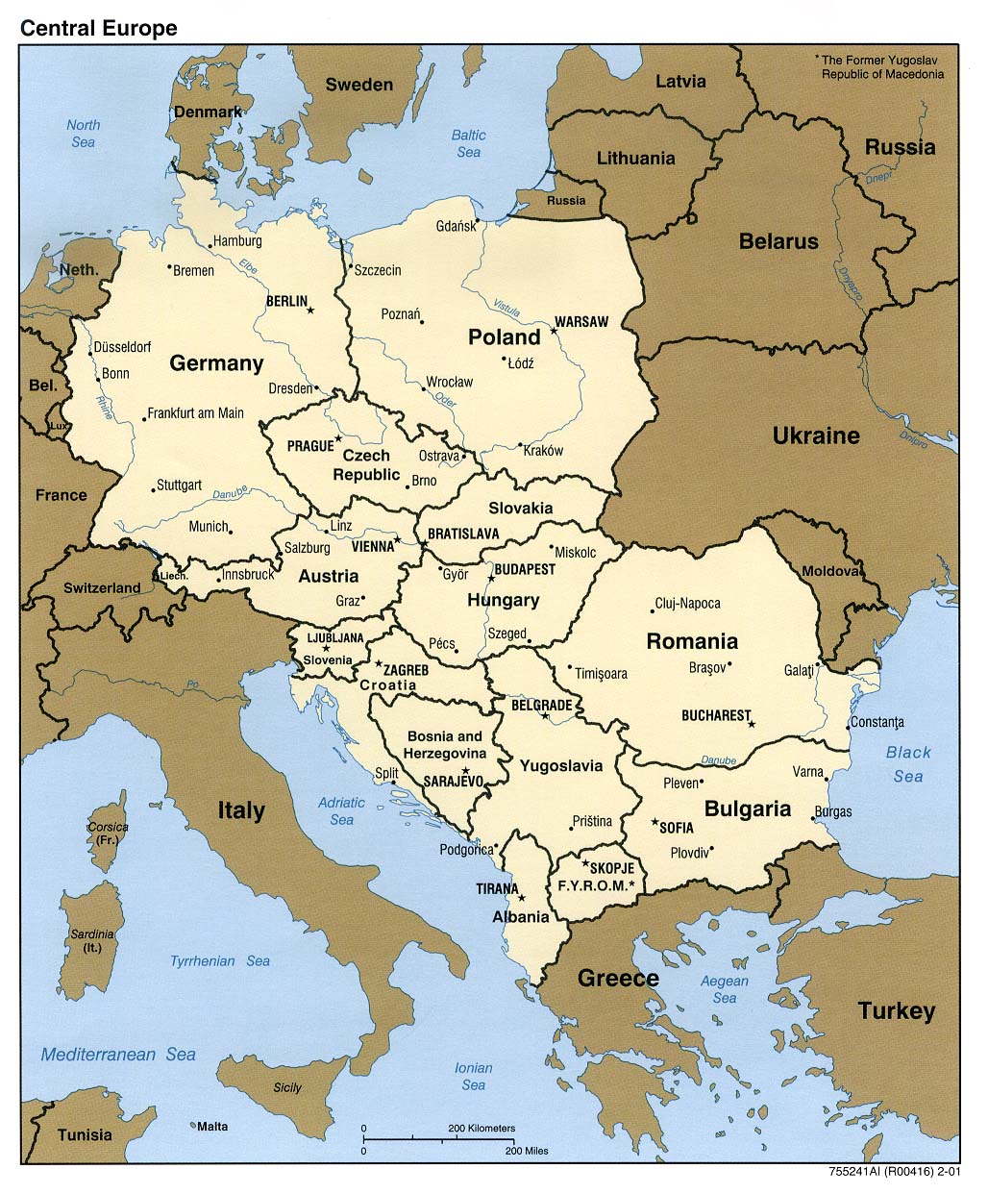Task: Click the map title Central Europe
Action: [99, 28]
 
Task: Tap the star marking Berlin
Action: [309, 310]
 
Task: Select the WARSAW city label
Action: [582, 321]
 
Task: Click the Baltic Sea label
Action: [469, 143]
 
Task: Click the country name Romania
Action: [692, 641]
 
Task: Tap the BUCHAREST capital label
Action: [715, 715]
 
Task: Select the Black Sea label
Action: [908, 764]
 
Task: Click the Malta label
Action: [213, 1125]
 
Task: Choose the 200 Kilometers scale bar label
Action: [482, 1128]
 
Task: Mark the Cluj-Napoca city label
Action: [687, 604]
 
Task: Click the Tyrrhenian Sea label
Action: [220, 960]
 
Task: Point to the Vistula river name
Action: [506, 307]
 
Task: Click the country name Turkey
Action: [896, 1010]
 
